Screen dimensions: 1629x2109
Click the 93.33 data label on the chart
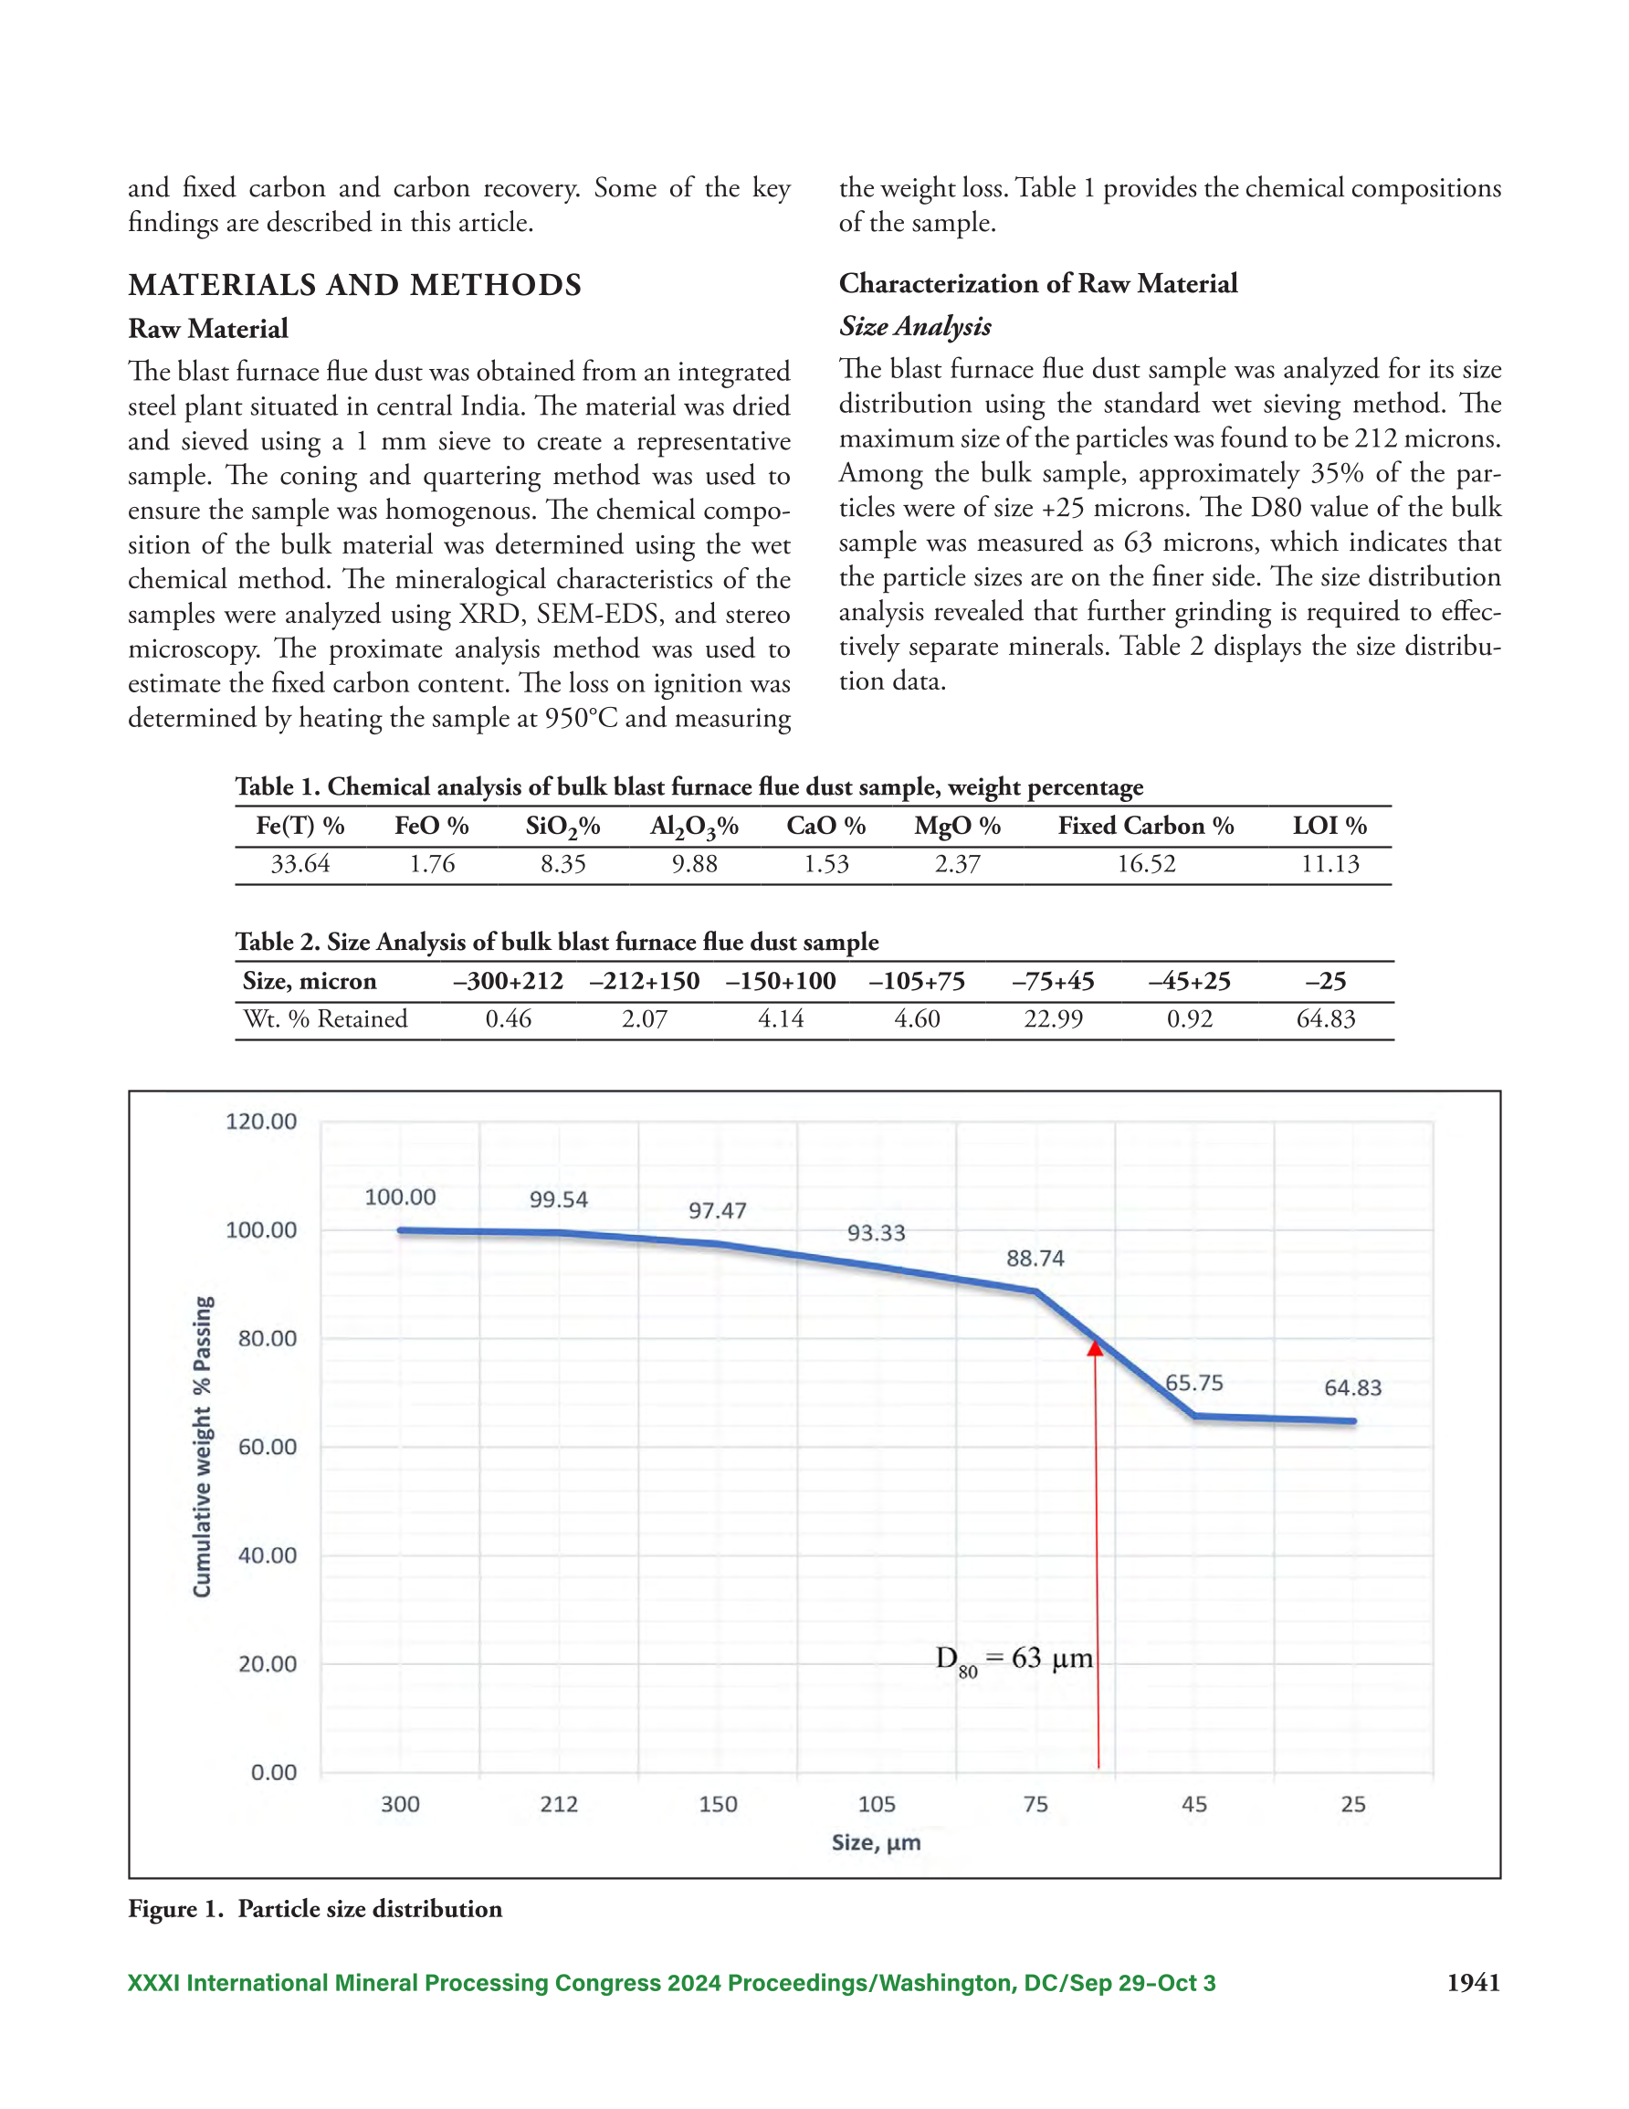tap(876, 1233)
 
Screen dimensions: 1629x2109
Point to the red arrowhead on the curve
tap(1095, 1347)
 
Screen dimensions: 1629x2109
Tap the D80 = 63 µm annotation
tap(1014, 1660)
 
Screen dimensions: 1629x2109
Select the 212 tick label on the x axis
tap(559, 1804)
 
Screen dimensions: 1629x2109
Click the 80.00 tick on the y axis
tap(268, 1338)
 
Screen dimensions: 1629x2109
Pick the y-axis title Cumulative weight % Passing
tap(202, 1447)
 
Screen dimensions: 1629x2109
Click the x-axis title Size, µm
tap(876, 1842)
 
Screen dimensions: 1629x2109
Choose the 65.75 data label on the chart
tap(1194, 1383)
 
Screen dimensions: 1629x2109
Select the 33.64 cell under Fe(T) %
tap(300, 863)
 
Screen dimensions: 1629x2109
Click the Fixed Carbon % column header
tap(1146, 826)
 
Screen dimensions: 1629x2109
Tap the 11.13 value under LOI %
tap(1329, 863)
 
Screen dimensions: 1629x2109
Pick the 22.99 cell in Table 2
tap(1054, 1018)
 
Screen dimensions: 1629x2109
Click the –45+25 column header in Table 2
tap(1190, 981)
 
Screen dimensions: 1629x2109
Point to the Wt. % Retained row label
tap(325, 1018)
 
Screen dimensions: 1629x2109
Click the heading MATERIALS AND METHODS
tap(355, 285)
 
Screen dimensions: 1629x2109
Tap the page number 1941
tap(1474, 1983)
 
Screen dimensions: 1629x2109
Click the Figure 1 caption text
tap(315, 1909)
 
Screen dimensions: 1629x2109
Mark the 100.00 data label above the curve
tap(400, 1197)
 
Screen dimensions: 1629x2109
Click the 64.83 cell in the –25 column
tap(1326, 1018)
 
